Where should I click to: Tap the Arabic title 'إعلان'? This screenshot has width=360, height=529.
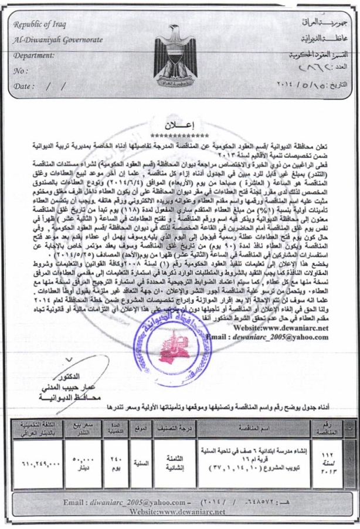(179, 126)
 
